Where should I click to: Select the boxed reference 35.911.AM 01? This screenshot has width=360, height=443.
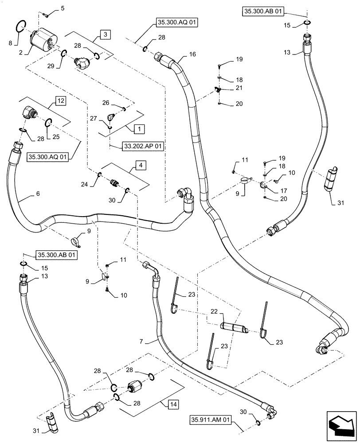pos(211,420)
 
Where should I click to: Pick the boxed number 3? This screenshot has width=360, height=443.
pos(103,34)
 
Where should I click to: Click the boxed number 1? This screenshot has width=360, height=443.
pos(138,129)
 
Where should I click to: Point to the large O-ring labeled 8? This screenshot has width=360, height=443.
pos(21,27)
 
